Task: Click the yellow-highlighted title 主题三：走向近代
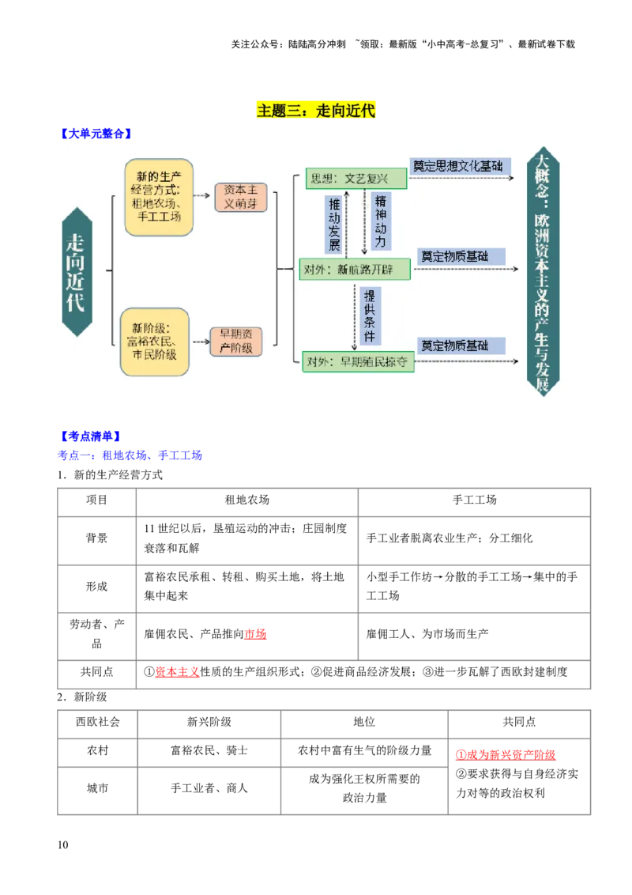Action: click(316, 110)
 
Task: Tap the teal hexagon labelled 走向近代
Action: click(77, 271)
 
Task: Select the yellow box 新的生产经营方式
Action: click(159, 197)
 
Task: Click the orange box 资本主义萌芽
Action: click(241, 197)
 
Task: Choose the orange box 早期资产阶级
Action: click(235, 341)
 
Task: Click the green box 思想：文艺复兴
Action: click(356, 179)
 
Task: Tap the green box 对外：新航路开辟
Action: click(355, 269)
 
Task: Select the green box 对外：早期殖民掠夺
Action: click(358, 361)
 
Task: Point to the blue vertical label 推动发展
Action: click(334, 224)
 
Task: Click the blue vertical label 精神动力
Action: click(381, 221)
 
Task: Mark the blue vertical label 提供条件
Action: click(369, 315)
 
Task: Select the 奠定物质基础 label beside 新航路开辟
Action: click(454, 256)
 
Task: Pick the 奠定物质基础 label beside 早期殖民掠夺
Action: click(454, 346)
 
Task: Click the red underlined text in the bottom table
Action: click(506, 755)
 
